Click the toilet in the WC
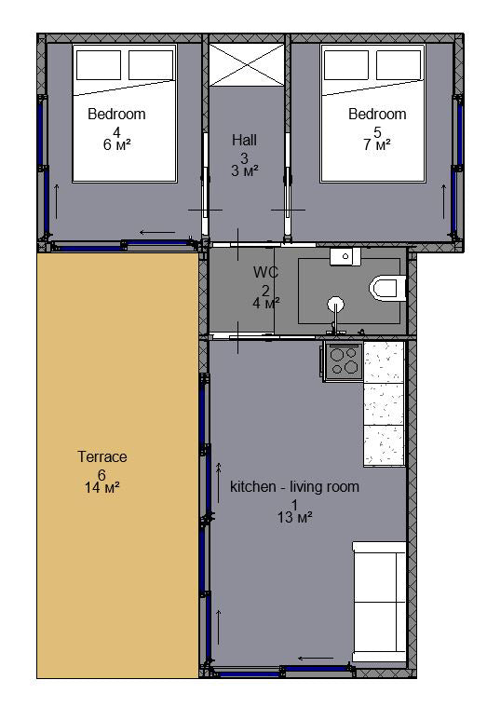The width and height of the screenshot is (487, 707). point(386,288)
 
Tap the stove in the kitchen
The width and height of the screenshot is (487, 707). point(344,361)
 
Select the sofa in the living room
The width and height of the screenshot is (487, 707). point(379,602)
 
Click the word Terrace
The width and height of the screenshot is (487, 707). point(102,456)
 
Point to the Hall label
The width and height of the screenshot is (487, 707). point(244,140)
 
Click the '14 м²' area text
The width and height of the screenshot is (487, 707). point(101,487)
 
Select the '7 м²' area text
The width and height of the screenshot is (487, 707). point(377,144)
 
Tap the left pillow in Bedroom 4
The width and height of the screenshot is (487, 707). point(99,65)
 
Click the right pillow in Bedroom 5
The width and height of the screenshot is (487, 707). point(399,65)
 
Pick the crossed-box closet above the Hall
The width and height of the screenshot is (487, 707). point(247,64)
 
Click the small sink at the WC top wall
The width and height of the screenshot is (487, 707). point(345,256)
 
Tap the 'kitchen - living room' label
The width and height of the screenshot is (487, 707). point(294,487)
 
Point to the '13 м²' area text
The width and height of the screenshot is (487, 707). point(295,517)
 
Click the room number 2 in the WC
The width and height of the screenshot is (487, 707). point(265,291)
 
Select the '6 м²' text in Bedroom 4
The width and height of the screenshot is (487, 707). point(116,144)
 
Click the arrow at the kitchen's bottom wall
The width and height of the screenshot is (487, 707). point(316,658)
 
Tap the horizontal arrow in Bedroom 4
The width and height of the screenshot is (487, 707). point(157,233)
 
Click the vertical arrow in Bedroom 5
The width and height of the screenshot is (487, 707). point(444,201)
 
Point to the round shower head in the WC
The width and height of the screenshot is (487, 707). point(336,305)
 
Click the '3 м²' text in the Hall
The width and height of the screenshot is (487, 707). point(244,170)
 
